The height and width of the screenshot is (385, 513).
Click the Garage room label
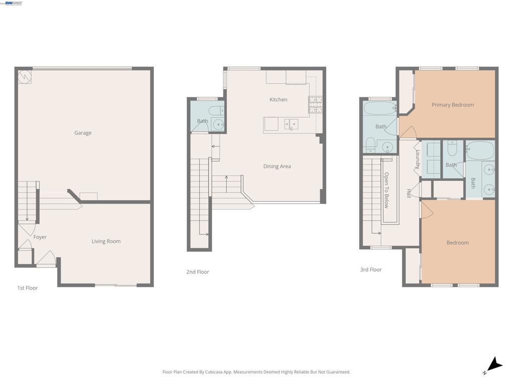pos(83,133)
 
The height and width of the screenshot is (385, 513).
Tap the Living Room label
pos(106,241)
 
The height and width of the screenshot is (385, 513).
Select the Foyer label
pos(40,237)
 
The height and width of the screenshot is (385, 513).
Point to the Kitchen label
pos(279,100)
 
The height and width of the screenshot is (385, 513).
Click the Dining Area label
pos(277,166)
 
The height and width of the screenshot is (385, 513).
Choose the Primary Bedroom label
pos(453,105)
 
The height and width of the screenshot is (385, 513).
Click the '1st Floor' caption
pos(28,288)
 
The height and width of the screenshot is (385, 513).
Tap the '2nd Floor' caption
pos(197,272)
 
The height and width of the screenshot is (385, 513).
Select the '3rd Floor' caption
pos(371,270)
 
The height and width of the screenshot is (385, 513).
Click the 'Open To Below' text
pos(386,190)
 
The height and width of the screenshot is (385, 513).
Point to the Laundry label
pos(417,159)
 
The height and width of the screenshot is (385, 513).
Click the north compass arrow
pos(494,365)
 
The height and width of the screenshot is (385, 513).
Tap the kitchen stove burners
pos(316,105)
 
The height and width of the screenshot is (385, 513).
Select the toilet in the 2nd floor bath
pos(216,110)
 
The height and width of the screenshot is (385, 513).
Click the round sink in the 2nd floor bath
pos(218,124)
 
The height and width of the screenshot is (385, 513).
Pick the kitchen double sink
pos(291,124)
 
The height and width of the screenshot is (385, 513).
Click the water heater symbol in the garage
pos(25,77)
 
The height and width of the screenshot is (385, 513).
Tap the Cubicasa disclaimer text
pos(256,372)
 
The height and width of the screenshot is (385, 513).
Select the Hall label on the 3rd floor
pos(409,193)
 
